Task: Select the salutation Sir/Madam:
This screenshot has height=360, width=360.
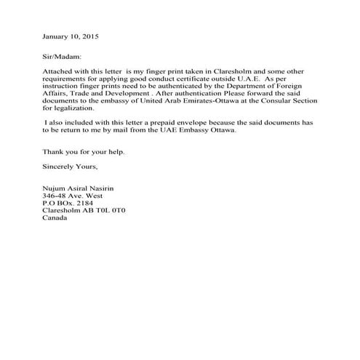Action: tap(63, 55)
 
